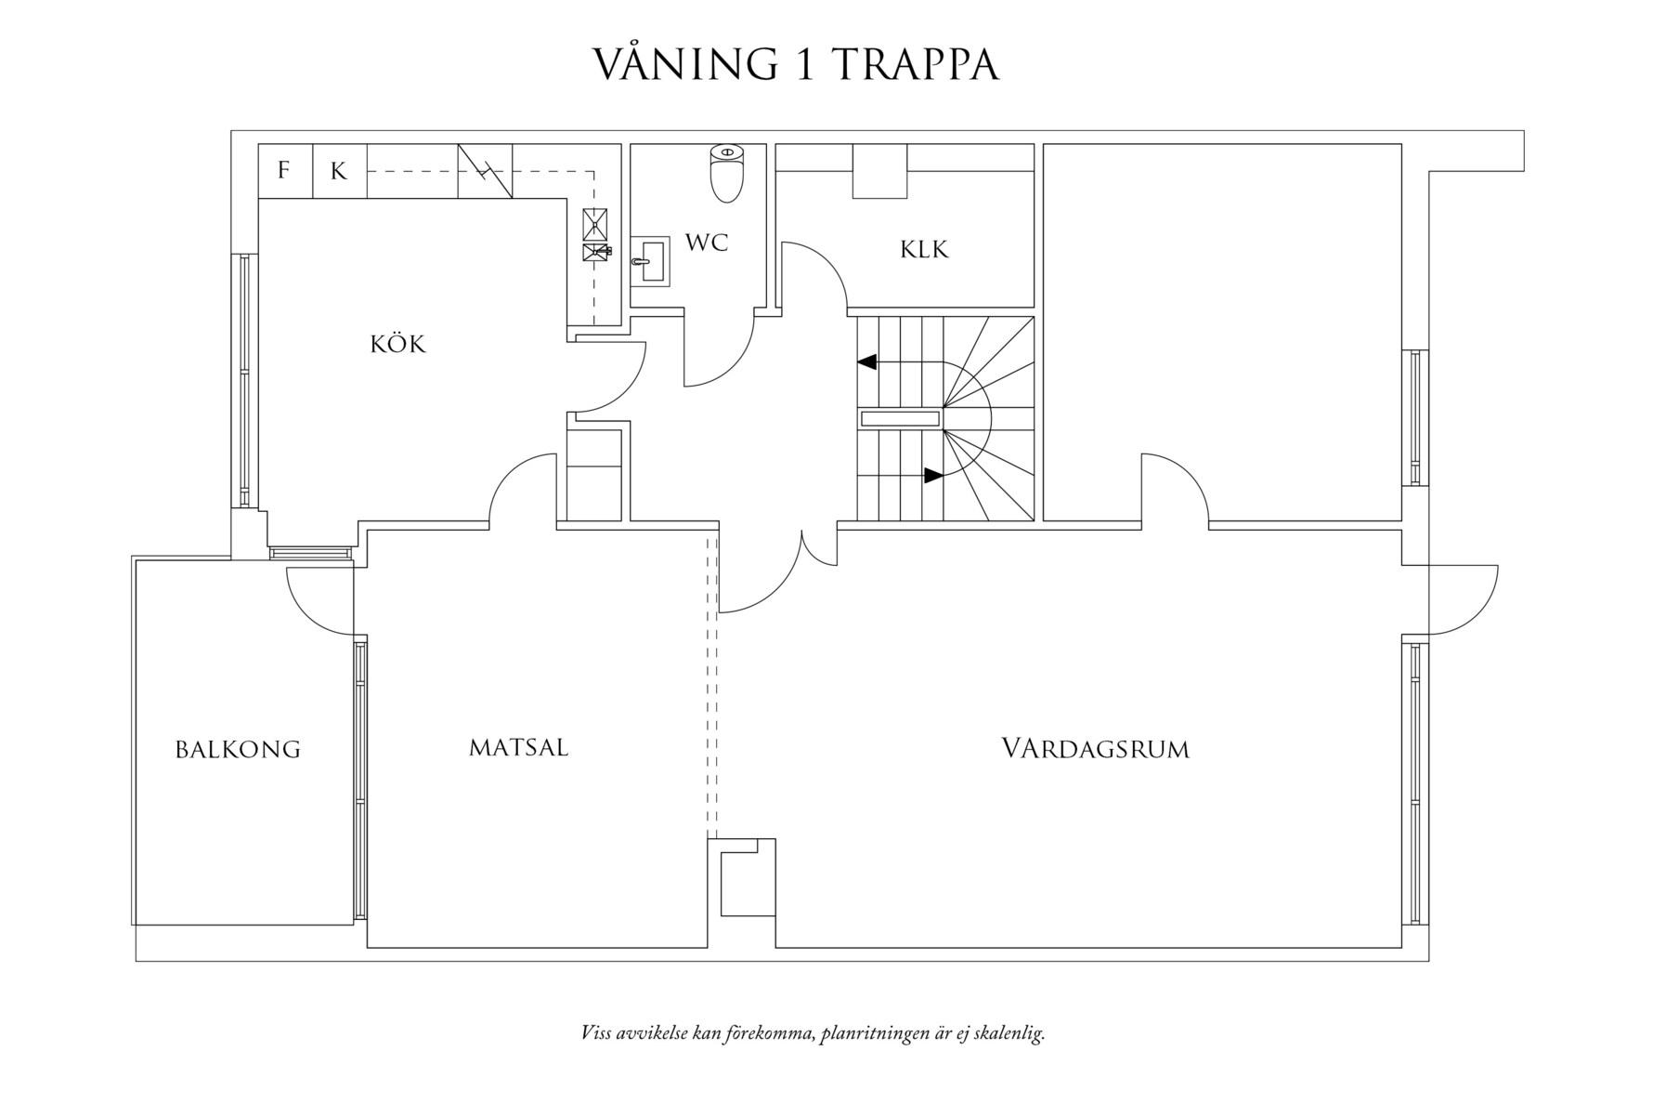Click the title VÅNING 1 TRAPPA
[x=796, y=65]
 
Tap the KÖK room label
[x=397, y=345]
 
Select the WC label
[x=707, y=243]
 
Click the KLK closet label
[x=924, y=249]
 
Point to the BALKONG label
[x=238, y=750]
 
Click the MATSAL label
[x=518, y=747]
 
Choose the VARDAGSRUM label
[x=1095, y=749]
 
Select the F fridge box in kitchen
[x=284, y=171]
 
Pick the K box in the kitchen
[x=339, y=171]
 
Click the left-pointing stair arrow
[x=867, y=361]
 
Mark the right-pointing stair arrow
[x=932, y=475]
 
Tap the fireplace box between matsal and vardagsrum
[x=741, y=878]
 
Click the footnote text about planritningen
[x=813, y=1033]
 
